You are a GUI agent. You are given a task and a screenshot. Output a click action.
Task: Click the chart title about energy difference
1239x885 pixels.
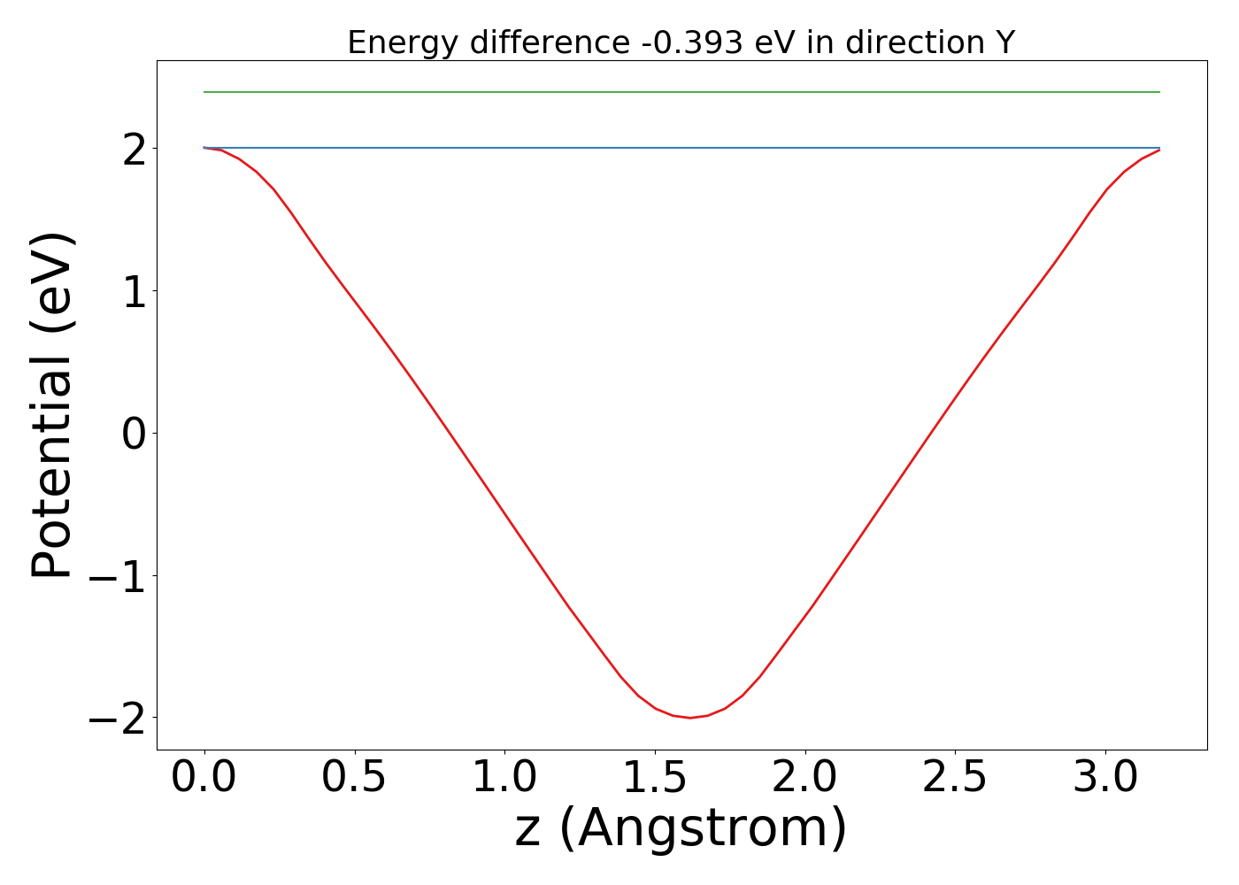click(x=681, y=42)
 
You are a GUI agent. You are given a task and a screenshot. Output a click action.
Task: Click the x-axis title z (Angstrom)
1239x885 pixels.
click(x=681, y=829)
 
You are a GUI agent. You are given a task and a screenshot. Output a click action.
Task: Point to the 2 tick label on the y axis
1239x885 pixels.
click(x=135, y=150)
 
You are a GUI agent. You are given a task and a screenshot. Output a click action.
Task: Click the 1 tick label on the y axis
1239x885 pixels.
click(x=135, y=292)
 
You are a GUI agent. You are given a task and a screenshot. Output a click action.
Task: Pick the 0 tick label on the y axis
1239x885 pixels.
click(x=135, y=435)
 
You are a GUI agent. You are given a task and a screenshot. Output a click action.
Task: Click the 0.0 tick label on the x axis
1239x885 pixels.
click(x=204, y=778)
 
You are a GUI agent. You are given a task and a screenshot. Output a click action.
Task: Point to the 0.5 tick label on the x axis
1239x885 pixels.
click(x=354, y=778)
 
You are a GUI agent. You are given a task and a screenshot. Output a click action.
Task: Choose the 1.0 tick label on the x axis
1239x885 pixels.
click(x=504, y=778)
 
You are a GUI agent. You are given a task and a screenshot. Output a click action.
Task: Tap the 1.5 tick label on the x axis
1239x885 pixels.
click(x=655, y=778)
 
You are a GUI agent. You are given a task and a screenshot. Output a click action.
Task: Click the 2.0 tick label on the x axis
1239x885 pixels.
click(x=804, y=778)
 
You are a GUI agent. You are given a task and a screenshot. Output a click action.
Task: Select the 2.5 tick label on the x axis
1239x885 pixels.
click(x=955, y=778)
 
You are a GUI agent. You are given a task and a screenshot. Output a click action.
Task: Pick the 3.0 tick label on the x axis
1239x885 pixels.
click(x=1105, y=778)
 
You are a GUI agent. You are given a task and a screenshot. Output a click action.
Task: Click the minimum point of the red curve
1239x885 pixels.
click(x=690, y=717)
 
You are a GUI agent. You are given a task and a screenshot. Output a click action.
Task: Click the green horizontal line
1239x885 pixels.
click(x=681, y=92)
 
